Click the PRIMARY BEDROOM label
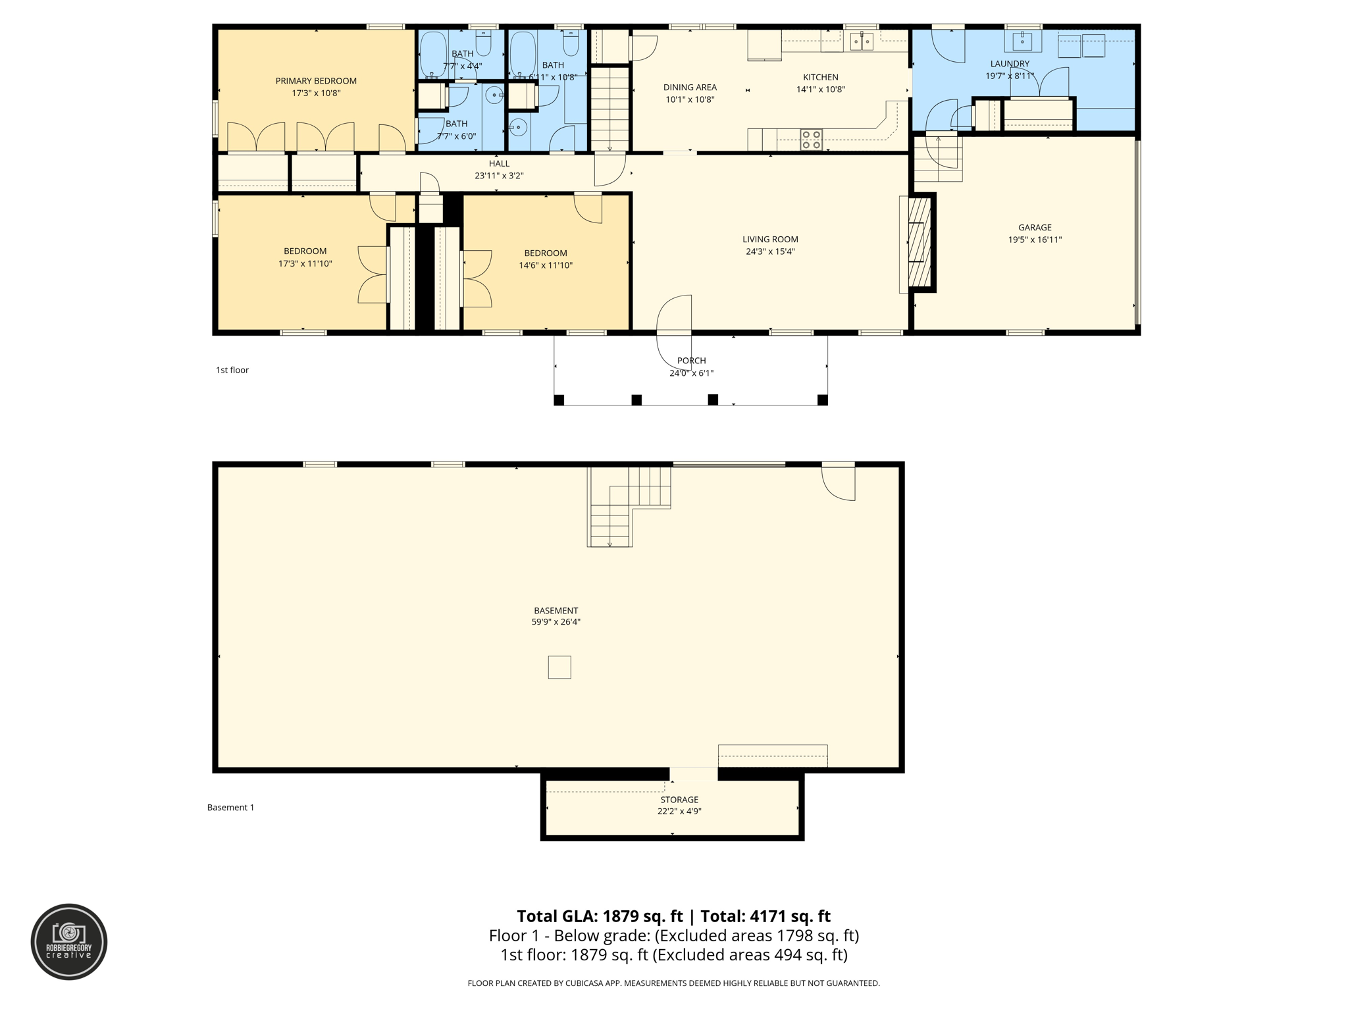[316, 81]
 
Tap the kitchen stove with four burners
[811, 139]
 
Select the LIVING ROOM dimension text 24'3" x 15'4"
[770, 251]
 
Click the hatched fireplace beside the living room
[920, 242]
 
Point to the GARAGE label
[1035, 228]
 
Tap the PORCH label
[691, 361]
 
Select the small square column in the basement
[559, 667]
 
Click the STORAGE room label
[679, 800]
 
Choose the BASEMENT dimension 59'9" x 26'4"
[556, 622]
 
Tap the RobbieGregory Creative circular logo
[69, 941]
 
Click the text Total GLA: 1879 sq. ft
[600, 916]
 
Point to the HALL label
[499, 164]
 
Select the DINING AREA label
[690, 88]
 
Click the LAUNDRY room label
[1010, 64]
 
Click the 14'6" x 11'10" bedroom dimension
[546, 265]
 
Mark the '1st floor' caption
[232, 370]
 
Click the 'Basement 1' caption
[230, 808]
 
